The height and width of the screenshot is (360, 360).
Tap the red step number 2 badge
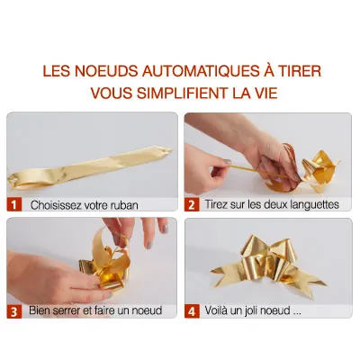click(192, 204)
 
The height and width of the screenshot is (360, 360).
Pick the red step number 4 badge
click(192, 310)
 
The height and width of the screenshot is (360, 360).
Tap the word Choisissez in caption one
click(56, 205)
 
